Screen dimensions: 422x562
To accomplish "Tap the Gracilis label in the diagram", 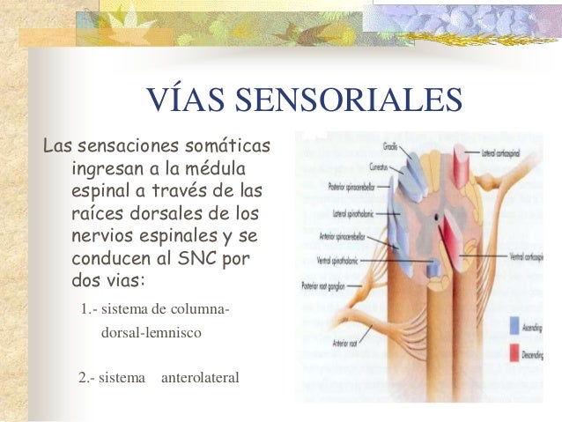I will (389, 146).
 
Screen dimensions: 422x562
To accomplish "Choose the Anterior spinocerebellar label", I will (347, 237).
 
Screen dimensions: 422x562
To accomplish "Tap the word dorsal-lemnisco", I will (152, 334).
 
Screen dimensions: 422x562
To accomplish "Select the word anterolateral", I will (200, 378).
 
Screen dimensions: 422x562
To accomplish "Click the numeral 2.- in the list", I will (87, 378).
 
